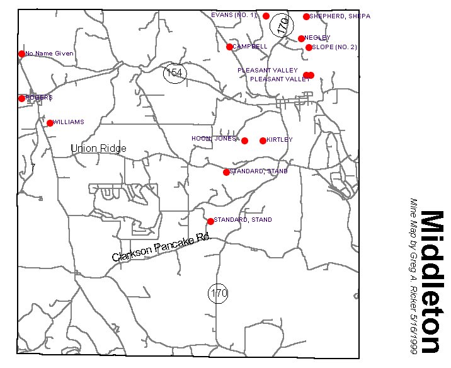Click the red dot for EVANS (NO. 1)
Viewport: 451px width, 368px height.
click(x=266, y=16)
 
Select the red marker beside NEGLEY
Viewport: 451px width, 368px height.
click(x=301, y=38)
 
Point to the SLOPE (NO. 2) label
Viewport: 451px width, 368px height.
click(x=335, y=47)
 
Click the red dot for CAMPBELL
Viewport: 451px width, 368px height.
click(x=229, y=47)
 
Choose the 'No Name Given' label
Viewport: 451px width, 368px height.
click(x=49, y=54)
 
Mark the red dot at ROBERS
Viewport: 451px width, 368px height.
click(x=21, y=98)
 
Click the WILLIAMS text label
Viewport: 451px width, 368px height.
click(x=69, y=122)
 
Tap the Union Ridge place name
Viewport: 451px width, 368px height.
click(x=98, y=149)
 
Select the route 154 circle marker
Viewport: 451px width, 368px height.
click(x=174, y=73)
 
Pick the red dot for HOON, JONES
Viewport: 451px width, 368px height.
click(x=244, y=141)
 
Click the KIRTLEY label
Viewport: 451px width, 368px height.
click(x=280, y=140)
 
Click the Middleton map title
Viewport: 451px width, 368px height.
click(x=433, y=282)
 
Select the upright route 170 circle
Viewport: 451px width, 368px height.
click(x=218, y=293)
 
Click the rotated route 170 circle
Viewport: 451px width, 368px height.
click(x=283, y=25)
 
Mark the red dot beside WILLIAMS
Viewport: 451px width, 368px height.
click(x=50, y=123)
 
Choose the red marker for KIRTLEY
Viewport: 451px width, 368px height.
click(x=263, y=141)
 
